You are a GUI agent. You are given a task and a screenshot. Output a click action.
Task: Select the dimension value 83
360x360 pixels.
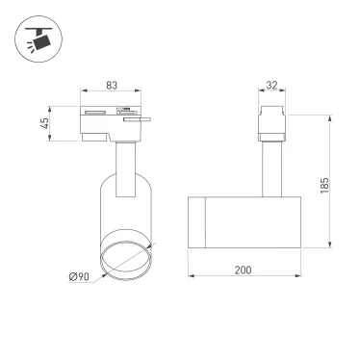[x=112, y=86]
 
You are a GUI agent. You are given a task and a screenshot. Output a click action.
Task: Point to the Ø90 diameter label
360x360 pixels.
[x=80, y=278]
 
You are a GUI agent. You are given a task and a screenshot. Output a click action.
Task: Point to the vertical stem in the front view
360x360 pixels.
[x=125, y=168]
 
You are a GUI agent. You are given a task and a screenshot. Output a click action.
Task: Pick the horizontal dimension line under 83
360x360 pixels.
[x=112, y=93]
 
